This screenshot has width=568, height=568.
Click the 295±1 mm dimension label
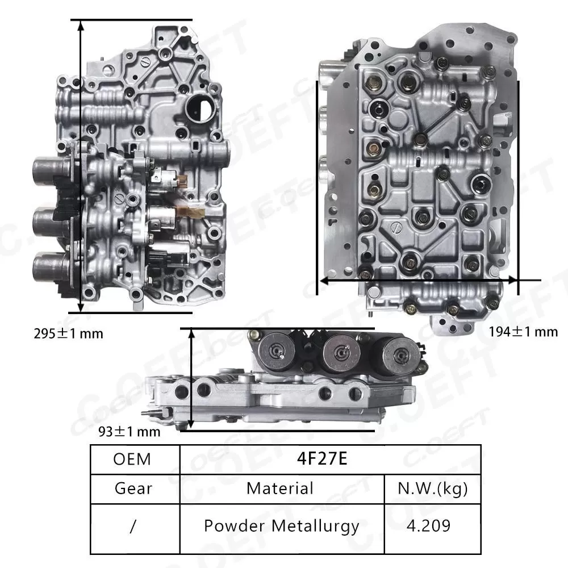(x=68, y=333)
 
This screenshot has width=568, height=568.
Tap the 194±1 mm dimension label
(x=523, y=331)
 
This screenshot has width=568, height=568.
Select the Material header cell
(x=280, y=488)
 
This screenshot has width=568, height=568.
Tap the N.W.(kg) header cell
(x=433, y=488)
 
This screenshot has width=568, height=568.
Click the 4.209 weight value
(x=433, y=525)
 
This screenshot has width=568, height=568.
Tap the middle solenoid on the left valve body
(x=50, y=222)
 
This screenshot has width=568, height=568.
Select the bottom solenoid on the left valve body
(x=50, y=267)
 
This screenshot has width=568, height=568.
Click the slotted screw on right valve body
(x=397, y=230)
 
